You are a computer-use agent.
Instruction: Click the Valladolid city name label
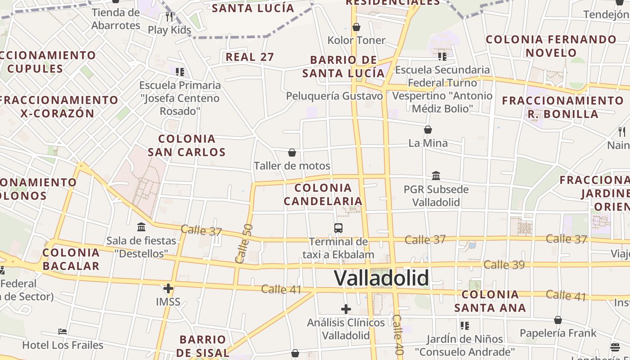[381, 278]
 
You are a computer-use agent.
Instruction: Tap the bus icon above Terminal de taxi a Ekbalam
[338, 228]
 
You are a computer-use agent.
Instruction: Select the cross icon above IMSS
[168, 288]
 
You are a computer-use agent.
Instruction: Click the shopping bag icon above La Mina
[428, 130]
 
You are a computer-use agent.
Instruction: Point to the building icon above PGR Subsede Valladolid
[436, 175]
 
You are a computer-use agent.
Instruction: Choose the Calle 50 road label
[243, 243]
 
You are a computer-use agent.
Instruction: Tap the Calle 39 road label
[504, 265]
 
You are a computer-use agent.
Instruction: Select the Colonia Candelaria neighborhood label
[323, 194]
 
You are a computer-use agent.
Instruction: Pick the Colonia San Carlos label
[187, 145]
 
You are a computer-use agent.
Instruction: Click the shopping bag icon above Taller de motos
[292, 153]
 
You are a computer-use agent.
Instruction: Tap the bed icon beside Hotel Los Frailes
[63, 332]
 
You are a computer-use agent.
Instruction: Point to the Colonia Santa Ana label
[490, 301]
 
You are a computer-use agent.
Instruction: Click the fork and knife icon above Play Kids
[169, 17]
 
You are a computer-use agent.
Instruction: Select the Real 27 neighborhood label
[250, 57]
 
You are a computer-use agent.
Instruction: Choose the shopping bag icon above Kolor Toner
[356, 27]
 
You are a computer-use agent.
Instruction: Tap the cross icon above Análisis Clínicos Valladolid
[346, 309]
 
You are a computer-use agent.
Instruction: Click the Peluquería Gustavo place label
[334, 96]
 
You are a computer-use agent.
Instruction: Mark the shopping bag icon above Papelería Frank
[558, 320]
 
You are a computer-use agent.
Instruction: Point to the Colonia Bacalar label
[71, 259]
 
